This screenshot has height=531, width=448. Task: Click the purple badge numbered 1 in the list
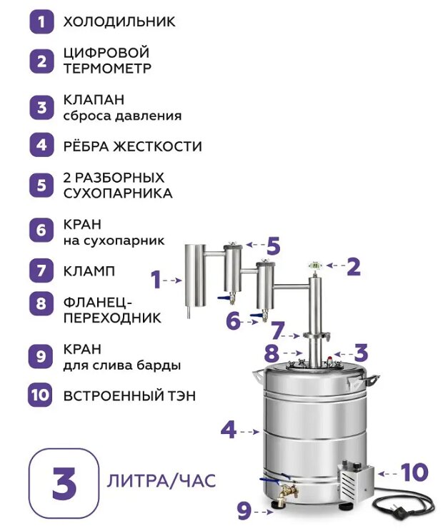click(41, 22)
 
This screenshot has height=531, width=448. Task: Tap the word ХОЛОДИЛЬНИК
click(119, 22)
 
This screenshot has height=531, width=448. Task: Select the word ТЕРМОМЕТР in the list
click(107, 69)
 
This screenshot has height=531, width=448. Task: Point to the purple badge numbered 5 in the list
click(41, 186)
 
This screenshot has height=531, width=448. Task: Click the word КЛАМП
click(89, 271)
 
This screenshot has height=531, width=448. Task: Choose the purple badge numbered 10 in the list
click(40, 395)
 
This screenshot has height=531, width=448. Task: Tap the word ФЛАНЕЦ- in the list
click(97, 303)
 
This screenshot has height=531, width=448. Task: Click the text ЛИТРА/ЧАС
click(161, 481)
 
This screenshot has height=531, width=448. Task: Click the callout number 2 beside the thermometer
click(354, 267)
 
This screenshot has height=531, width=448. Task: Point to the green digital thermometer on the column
click(315, 266)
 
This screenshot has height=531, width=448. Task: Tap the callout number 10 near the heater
click(414, 472)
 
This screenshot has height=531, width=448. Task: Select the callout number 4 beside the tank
click(229, 430)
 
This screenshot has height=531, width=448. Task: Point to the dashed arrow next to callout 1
click(172, 280)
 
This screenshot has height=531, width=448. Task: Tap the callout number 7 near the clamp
click(277, 331)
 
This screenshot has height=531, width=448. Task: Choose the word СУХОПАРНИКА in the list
click(118, 193)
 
